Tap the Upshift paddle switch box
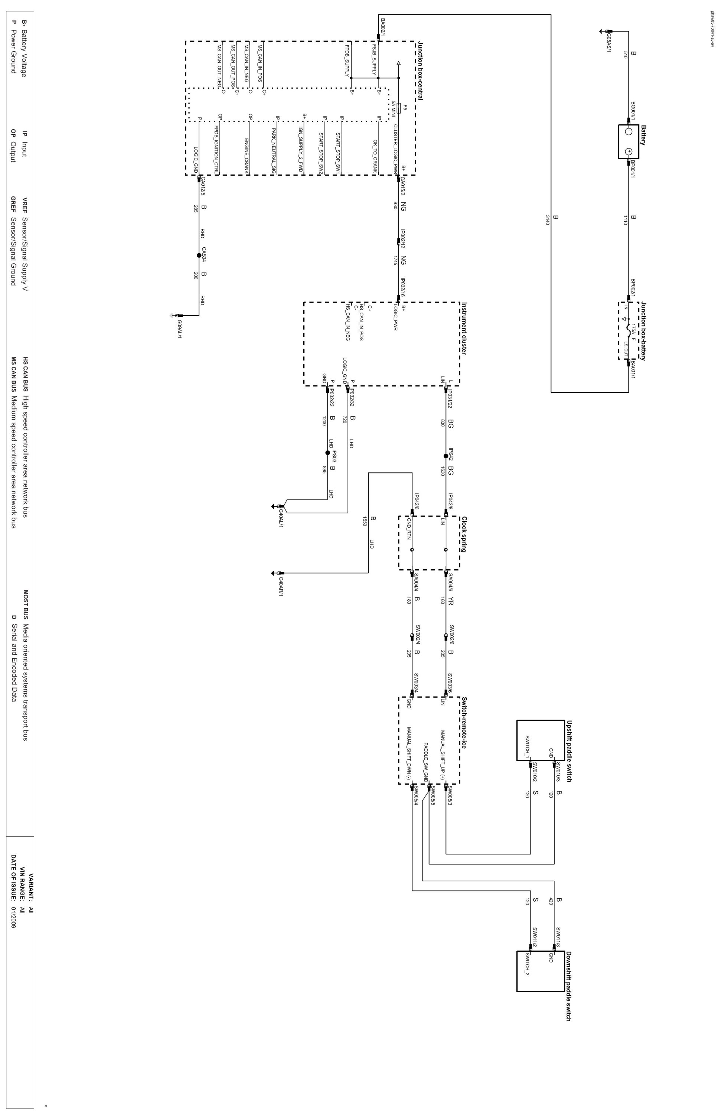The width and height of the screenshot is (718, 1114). [541, 740]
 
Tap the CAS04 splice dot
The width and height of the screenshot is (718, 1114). [199, 255]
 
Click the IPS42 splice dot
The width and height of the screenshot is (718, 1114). [446, 456]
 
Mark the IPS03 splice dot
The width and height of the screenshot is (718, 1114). [327, 453]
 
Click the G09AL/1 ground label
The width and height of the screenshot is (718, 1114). [180, 329]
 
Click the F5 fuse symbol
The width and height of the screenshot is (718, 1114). [399, 109]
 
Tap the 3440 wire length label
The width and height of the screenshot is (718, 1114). [547, 219]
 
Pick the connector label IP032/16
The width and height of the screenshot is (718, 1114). [403, 287]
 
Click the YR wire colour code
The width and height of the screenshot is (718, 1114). [450, 602]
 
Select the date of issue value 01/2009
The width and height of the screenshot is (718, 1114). [14, 918]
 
